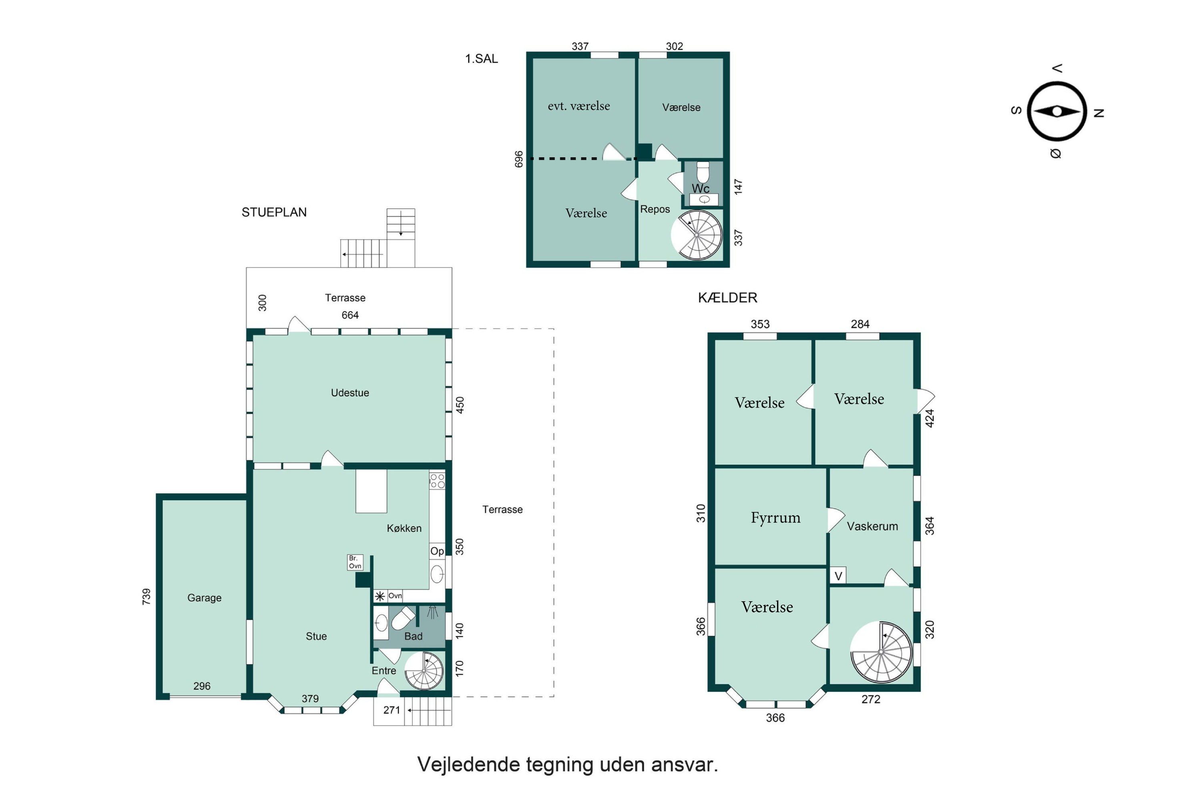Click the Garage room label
point(204,598)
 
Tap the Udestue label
point(350,393)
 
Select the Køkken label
point(404,528)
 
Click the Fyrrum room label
point(775,518)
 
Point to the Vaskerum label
point(872,526)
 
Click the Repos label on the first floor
point(655,209)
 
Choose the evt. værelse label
point(578,106)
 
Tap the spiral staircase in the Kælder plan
point(881,652)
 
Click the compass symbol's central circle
point(1056,111)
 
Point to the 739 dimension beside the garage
point(147,597)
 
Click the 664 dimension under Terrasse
point(350,315)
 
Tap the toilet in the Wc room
point(703,172)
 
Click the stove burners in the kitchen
point(437,481)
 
